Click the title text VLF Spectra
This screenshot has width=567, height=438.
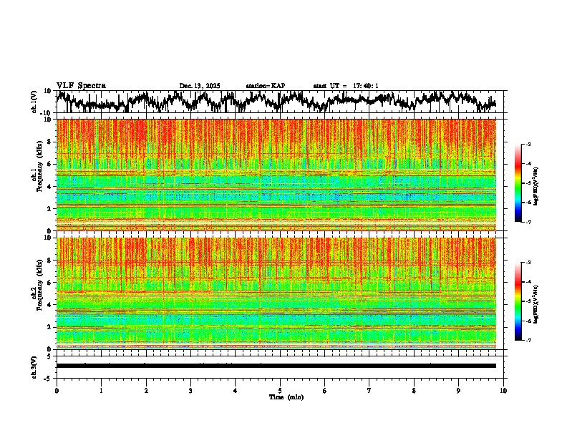click(81, 85)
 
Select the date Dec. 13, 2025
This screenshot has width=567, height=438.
click(199, 86)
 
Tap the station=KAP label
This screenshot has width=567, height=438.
click(266, 86)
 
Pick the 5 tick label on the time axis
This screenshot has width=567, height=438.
click(280, 390)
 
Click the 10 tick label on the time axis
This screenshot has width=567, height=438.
click(503, 390)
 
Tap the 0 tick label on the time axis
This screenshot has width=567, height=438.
click(57, 390)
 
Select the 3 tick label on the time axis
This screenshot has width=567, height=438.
click(190, 390)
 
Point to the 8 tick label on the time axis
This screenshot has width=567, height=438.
click(414, 390)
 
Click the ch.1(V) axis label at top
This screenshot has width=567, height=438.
click(34, 102)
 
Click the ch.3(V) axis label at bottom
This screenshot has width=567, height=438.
click(34, 366)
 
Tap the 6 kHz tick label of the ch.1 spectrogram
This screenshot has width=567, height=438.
click(50, 164)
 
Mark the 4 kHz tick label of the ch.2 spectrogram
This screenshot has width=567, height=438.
click(50, 305)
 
